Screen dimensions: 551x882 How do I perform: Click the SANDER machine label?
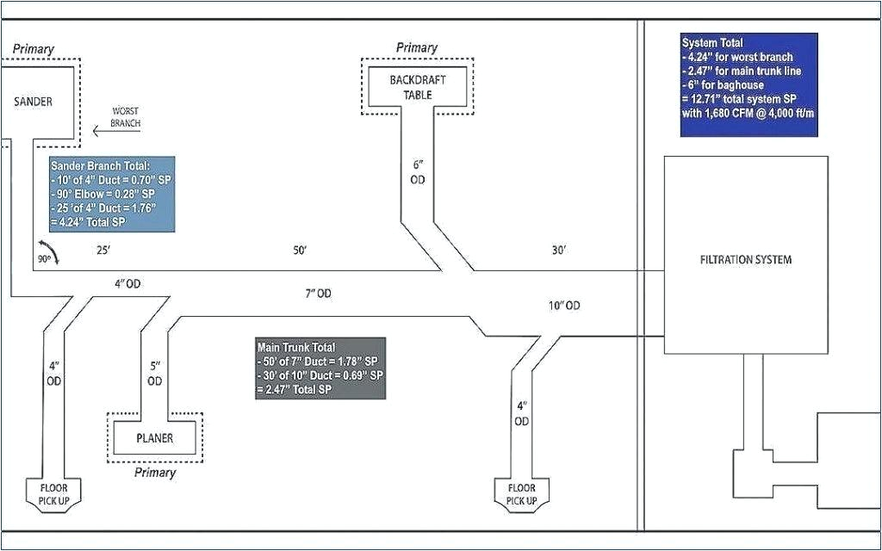(34, 102)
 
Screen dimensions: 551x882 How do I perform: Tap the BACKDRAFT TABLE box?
(417, 86)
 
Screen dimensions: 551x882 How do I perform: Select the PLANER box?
(155, 438)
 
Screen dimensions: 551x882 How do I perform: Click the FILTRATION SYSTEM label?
(746, 259)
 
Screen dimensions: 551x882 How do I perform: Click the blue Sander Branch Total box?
(112, 194)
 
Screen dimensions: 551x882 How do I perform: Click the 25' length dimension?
(102, 251)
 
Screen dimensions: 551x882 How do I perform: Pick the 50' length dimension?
(300, 251)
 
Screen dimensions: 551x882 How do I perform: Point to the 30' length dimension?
(559, 251)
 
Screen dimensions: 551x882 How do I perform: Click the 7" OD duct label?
(318, 294)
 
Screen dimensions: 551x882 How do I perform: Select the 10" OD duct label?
(563, 306)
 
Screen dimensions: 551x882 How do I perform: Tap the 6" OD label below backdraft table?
(418, 171)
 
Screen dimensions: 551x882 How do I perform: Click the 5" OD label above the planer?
(155, 373)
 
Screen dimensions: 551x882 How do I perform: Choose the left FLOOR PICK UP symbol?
(53, 494)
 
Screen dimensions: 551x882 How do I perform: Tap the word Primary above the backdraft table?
(417, 48)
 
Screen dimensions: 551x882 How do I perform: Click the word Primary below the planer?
(155, 473)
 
